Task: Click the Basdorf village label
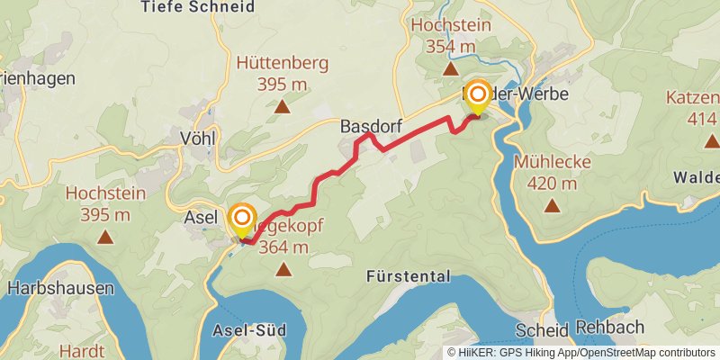pos(371,128)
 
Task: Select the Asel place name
pos(201,218)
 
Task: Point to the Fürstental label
pos(408,275)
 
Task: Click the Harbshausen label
pos(60,289)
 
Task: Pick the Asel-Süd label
pos(248,330)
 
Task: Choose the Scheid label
pos(542,329)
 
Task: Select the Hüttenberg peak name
pos(283,64)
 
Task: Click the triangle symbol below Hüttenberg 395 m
pos(283,107)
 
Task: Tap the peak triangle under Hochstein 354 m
pos(451,68)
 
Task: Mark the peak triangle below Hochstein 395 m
pos(105,238)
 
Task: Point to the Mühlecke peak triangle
pos(552,205)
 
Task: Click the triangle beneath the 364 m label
pos(284,268)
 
